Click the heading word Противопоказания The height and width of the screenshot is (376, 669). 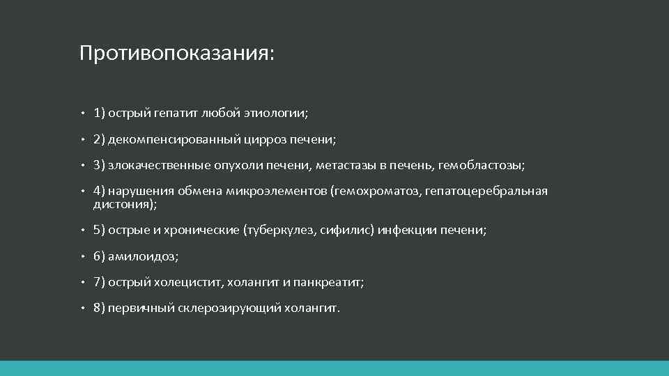(x=175, y=54)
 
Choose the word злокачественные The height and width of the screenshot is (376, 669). (x=161, y=166)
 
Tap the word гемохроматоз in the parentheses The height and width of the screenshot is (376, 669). (x=373, y=191)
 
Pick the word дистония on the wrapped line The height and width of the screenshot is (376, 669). (x=123, y=205)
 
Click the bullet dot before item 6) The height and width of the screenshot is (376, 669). (x=82, y=256)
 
